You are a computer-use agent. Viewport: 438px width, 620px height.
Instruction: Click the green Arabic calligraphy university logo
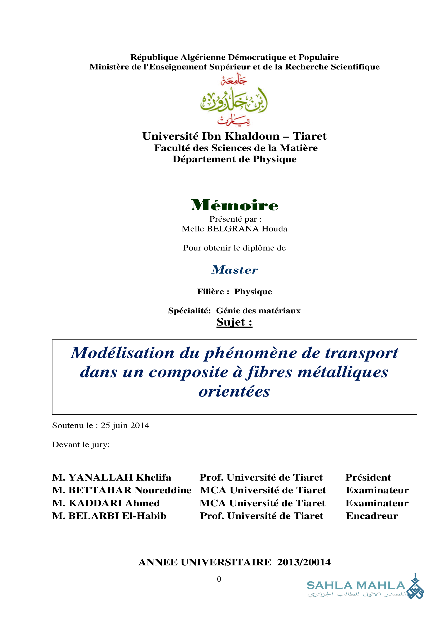click(x=234, y=100)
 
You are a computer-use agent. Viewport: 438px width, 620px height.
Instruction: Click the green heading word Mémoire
click(x=234, y=205)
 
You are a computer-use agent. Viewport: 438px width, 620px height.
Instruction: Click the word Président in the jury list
click(x=368, y=477)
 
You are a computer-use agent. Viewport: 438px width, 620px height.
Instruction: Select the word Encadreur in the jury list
click(x=371, y=516)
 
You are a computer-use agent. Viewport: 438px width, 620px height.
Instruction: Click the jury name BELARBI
click(x=94, y=516)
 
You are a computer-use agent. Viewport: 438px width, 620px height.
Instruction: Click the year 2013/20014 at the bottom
click(x=304, y=562)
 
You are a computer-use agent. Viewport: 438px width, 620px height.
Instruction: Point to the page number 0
click(x=219, y=579)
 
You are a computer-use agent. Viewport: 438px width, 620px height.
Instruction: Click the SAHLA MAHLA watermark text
click(x=356, y=586)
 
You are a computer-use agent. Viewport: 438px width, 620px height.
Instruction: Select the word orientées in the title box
click(x=234, y=392)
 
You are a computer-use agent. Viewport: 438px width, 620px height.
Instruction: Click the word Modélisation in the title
click(x=123, y=353)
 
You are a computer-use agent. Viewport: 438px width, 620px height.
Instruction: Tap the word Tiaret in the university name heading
click(x=309, y=136)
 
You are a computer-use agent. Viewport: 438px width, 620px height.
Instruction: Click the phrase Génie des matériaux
click(x=258, y=311)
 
